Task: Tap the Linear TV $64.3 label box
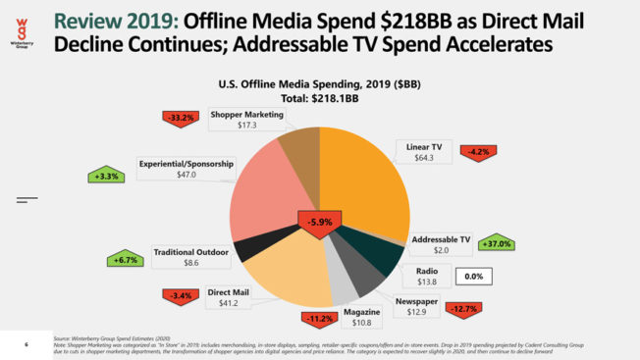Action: tap(424, 153)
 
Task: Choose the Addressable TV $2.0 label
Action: tap(441, 244)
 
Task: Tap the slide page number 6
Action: tap(27, 343)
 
